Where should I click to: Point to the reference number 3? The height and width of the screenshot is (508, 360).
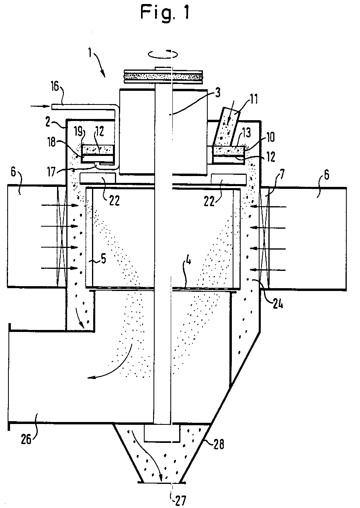pyautogui.click(x=217, y=93)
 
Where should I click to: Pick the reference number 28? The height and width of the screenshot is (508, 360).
pyautogui.click(x=218, y=444)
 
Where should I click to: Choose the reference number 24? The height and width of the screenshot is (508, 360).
pyautogui.click(x=278, y=303)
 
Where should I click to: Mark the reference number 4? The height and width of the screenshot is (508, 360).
pyautogui.click(x=188, y=261)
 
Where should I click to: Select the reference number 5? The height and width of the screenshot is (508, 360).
pyautogui.click(x=103, y=259)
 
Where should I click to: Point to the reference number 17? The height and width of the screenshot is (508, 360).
pyautogui.click(x=51, y=172)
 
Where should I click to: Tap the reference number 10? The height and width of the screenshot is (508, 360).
pyautogui.click(x=270, y=137)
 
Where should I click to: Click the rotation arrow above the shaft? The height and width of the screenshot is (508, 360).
pyautogui.click(x=163, y=54)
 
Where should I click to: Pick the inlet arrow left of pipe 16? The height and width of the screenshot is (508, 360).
pyautogui.click(x=40, y=106)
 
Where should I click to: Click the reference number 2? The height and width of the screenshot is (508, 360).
pyautogui.click(x=47, y=123)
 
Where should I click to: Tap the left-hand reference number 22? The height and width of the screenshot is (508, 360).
pyautogui.click(x=114, y=201)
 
